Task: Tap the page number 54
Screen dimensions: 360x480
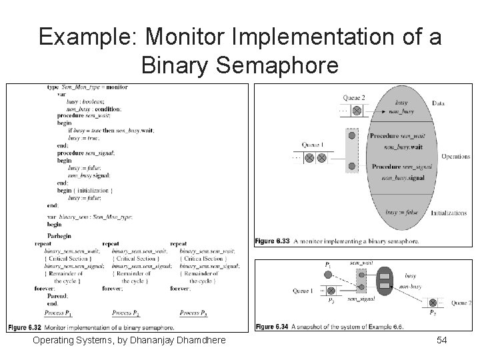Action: click(441, 341)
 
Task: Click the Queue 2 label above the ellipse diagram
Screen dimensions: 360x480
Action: click(353, 97)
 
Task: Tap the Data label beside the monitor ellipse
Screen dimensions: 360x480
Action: click(438, 103)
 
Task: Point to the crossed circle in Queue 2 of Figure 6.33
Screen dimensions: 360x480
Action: click(357, 110)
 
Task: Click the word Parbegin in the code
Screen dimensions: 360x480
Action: click(59, 237)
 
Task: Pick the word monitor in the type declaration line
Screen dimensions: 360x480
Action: click(117, 87)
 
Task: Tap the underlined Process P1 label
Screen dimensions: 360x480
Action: click(59, 313)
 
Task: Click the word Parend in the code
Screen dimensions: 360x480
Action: click(57, 295)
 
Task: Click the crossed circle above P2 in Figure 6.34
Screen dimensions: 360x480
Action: click(433, 303)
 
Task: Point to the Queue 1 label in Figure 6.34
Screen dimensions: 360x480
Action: click(303, 290)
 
